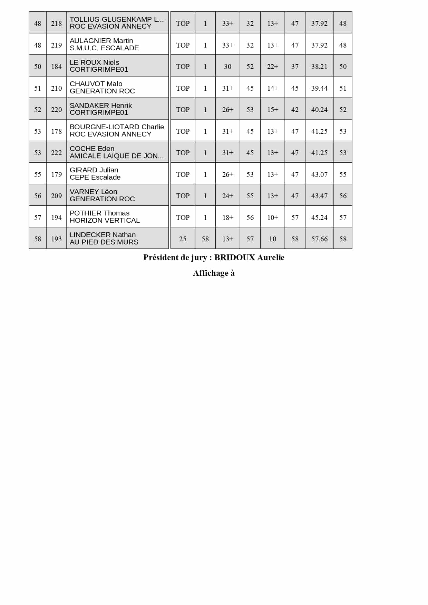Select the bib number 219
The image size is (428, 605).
56,45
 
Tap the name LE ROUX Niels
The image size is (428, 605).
94,62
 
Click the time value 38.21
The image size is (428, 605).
319,67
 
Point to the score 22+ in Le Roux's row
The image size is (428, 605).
272,67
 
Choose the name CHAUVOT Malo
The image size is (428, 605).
96,84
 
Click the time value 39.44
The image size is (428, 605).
319,88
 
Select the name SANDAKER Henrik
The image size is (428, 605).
101,105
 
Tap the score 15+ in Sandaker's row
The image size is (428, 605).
272,110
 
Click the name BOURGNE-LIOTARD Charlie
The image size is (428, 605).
117,127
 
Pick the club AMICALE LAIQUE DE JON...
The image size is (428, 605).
116,156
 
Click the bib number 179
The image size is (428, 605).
56,174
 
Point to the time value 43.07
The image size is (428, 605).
319,174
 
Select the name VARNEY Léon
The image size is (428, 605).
93,192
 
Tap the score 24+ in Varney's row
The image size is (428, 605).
227,196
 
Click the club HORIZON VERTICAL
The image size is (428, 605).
105,220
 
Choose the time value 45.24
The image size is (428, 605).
319,218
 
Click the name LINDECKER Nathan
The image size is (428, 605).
103,235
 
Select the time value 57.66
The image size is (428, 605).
319,239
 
